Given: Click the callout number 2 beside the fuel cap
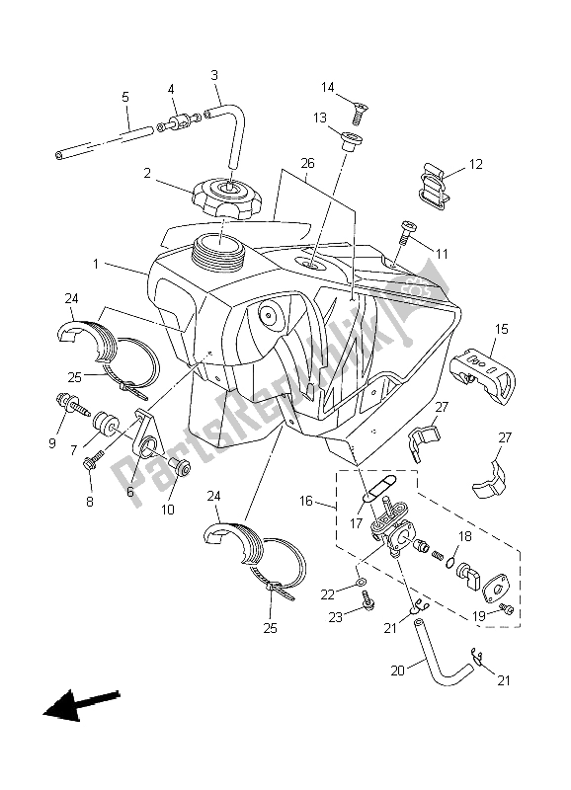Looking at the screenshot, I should point(146,173).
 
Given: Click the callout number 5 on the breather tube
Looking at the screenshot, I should point(125,97).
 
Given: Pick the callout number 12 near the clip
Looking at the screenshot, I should point(475,164).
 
